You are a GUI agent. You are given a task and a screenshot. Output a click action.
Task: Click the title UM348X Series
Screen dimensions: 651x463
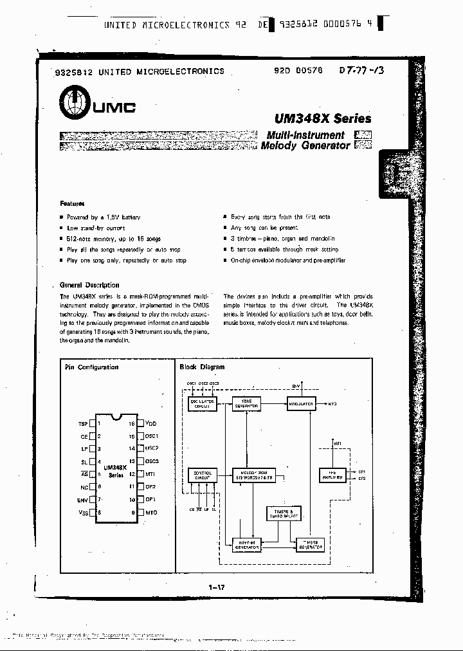(x=322, y=118)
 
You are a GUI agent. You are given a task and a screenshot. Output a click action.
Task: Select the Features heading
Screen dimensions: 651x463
(x=72, y=203)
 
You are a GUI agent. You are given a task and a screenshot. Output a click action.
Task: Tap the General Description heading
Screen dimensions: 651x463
(x=89, y=284)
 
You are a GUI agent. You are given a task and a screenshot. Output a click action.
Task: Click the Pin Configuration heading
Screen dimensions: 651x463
(x=92, y=367)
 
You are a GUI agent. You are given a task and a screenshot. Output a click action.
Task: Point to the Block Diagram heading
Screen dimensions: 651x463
(x=203, y=367)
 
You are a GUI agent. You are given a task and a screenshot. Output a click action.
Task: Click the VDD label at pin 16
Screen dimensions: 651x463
(x=152, y=424)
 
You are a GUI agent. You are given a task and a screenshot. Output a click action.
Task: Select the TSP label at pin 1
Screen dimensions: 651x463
(x=82, y=424)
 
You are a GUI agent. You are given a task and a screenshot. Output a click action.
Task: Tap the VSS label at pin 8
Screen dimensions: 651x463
(x=82, y=512)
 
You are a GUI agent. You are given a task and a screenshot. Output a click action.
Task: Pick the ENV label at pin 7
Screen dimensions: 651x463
(x=82, y=499)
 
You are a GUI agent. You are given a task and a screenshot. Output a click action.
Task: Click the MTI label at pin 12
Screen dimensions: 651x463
(x=152, y=474)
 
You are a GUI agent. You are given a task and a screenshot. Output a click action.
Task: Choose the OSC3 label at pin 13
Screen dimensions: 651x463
(x=152, y=461)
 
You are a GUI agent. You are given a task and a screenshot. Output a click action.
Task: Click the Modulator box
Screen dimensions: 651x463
(x=302, y=404)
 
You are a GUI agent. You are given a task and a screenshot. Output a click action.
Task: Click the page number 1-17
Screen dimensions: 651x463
(x=217, y=587)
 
